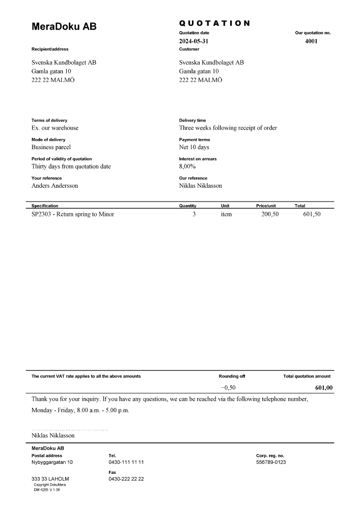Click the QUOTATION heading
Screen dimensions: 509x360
click(214, 23)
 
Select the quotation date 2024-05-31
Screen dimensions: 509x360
click(193, 41)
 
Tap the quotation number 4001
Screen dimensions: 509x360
click(311, 41)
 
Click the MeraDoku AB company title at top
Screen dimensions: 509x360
click(64, 26)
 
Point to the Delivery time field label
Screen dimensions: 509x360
click(192, 121)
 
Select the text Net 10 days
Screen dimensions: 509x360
click(194, 147)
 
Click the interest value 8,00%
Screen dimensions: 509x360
click(187, 166)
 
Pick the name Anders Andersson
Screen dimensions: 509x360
click(55, 186)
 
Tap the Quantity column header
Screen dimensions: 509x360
click(188, 206)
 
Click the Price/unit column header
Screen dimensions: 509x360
click(266, 206)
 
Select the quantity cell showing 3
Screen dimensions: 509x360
click(194, 214)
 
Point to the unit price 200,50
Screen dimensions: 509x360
click(270, 214)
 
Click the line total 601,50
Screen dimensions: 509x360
click(312, 214)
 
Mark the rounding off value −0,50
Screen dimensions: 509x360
click(228, 388)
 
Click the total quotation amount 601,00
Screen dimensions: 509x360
click(324, 388)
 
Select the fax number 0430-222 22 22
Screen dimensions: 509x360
click(126, 479)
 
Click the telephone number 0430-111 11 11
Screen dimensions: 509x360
click(126, 462)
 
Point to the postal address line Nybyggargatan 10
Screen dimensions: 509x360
click(52, 462)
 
